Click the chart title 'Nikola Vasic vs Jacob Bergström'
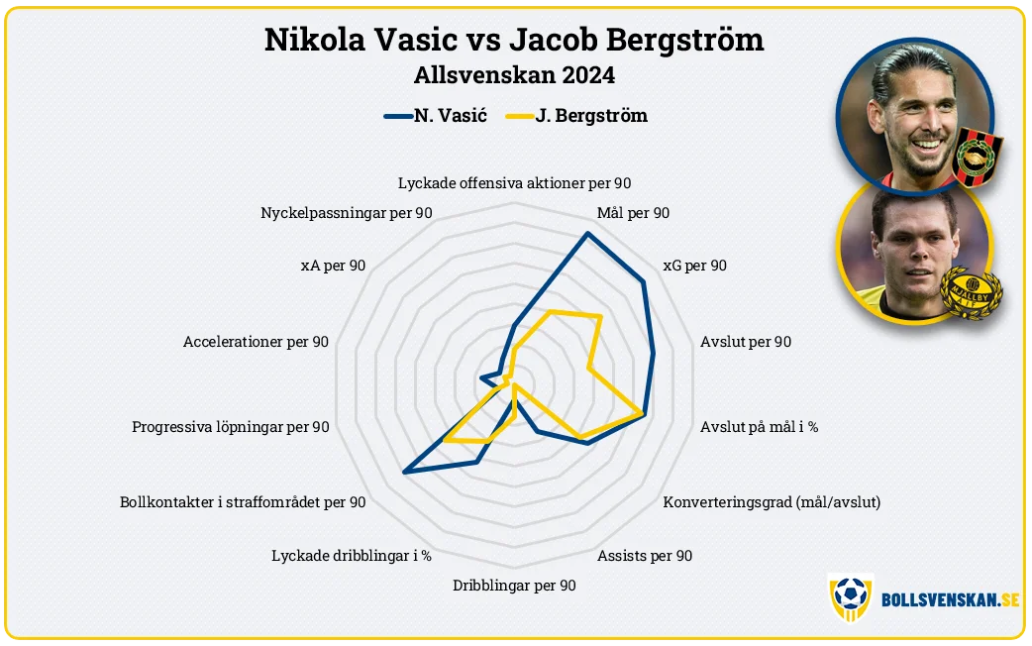tap(514, 40)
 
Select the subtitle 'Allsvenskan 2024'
tap(514, 75)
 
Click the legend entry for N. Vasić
tap(436, 116)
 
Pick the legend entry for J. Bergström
tap(576, 116)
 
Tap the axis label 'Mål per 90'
tap(633, 213)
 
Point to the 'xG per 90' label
tap(695, 266)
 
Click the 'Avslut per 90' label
tap(746, 342)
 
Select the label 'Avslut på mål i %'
tap(759, 427)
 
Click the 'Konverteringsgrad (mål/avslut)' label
tap(772, 502)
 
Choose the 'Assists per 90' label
tap(645, 556)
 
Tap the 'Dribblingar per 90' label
tap(514, 586)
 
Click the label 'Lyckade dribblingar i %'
tap(352, 556)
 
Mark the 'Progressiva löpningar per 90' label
tap(231, 427)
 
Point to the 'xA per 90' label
tap(333, 266)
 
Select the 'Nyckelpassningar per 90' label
tap(347, 213)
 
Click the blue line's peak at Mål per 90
tap(587, 233)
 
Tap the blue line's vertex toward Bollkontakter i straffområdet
tap(404, 472)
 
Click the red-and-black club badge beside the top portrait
tap(979, 157)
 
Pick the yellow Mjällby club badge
tap(971, 292)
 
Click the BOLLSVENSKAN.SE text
tap(951, 599)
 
